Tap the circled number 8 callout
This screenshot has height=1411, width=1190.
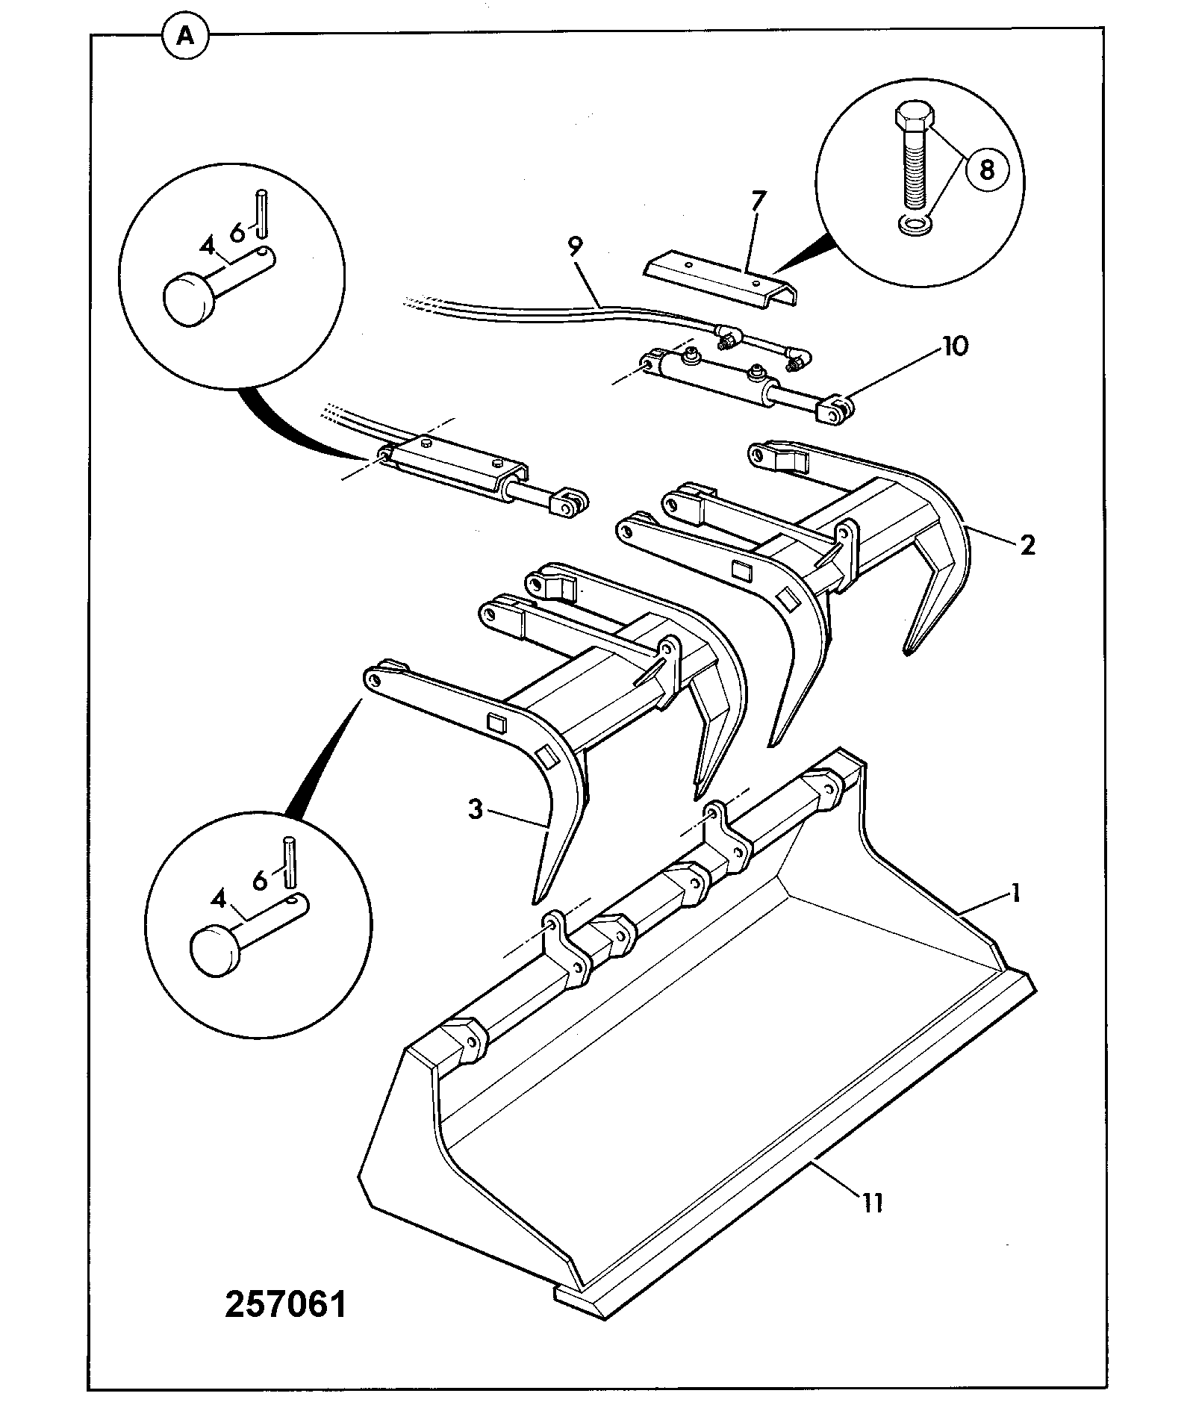coord(986,170)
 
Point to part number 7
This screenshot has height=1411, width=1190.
coord(758,202)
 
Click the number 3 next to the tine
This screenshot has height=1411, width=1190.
coord(476,809)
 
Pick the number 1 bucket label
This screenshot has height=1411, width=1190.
coord(1015,892)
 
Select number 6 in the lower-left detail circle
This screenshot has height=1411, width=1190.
coord(260,881)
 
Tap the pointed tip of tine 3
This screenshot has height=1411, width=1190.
coord(536,902)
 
